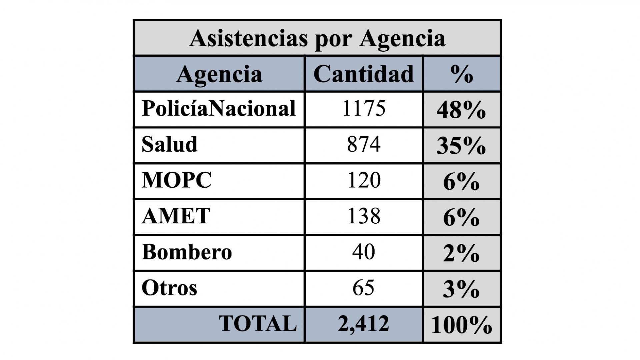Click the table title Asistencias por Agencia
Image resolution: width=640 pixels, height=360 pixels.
pos(317,39)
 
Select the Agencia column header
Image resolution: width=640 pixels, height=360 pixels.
pos(219,74)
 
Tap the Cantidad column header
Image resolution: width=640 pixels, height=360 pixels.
pos(363,74)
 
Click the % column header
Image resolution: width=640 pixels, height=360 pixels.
pos(462,74)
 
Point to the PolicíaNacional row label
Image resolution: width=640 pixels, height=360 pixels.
pos(219,109)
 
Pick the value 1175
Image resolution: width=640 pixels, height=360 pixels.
pos(364,109)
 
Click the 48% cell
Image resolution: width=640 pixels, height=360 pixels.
pos(461,110)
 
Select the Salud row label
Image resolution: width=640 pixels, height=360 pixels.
pos(170,144)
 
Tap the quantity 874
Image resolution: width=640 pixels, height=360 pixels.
pos(364,145)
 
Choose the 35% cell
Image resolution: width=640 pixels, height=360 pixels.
pos(461,146)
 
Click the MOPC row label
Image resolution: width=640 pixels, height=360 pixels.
pos(177,180)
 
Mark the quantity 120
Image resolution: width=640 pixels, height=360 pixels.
pos(364,180)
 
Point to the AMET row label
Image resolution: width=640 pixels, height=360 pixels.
pos(176,216)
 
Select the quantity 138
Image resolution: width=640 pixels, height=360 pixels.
pos(364,216)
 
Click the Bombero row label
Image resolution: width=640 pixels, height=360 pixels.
pos(187,252)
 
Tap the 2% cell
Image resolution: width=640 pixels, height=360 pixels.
pos(461,254)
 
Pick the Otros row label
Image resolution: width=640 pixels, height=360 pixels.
pos(169,288)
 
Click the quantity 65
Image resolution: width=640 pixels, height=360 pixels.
pos(364,288)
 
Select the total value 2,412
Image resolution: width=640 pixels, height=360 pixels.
pos(363,324)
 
